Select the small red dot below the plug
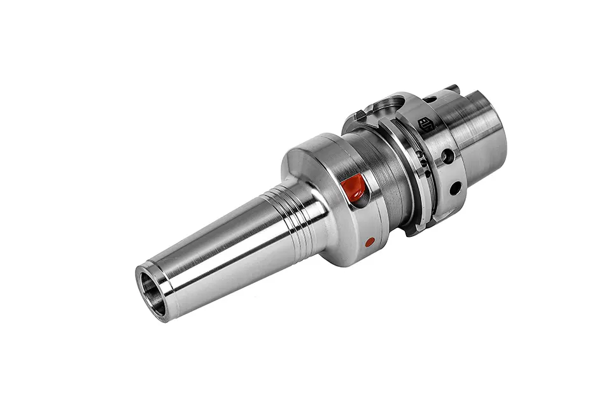[x=369, y=242]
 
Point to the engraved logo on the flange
[x=426, y=124]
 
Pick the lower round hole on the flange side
[x=455, y=188]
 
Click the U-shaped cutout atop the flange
[x=389, y=104]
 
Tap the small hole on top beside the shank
[x=431, y=99]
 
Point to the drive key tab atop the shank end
[x=453, y=88]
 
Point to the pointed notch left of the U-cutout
[x=360, y=115]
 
